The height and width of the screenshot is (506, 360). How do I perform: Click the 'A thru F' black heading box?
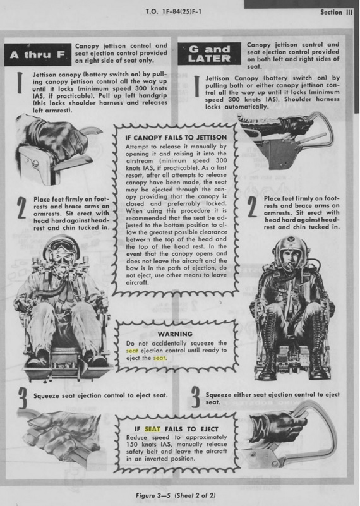(x=38, y=54)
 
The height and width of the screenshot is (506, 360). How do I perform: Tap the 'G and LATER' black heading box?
(x=209, y=54)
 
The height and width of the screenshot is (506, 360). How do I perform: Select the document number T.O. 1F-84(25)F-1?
(x=174, y=12)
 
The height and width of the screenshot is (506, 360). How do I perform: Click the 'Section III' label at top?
(x=336, y=12)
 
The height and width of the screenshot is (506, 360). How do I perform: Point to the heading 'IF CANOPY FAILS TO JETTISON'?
(x=176, y=138)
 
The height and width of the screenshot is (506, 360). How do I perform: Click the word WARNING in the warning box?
(x=175, y=334)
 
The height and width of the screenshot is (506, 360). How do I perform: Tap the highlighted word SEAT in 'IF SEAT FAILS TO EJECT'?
(x=152, y=429)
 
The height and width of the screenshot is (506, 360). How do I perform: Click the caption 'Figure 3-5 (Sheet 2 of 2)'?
(x=176, y=495)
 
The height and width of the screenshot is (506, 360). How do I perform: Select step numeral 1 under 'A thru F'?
(x=20, y=83)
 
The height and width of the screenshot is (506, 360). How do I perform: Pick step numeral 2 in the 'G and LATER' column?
(x=251, y=207)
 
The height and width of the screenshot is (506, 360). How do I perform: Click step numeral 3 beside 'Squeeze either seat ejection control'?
(x=195, y=397)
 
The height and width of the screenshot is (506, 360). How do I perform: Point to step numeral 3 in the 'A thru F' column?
(x=22, y=398)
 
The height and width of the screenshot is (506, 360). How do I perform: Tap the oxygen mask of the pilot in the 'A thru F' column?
(x=63, y=265)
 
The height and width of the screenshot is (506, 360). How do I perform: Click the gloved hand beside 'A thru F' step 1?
(x=55, y=138)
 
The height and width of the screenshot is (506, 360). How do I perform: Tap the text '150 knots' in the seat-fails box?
(x=140, y=445)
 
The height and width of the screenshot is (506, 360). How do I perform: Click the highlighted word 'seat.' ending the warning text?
(x=160, y=358)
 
